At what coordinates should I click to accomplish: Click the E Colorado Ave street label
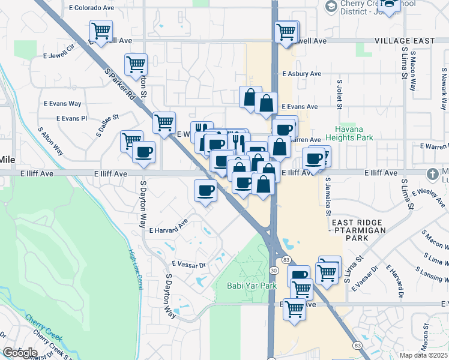click(92, 8)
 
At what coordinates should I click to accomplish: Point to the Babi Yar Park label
click(252, 286)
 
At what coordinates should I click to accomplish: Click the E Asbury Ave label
click(301, 74)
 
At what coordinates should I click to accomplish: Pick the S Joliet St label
click(340, 95)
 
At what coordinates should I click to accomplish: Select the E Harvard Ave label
click(169, 226)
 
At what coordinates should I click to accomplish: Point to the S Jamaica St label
click(328, 196)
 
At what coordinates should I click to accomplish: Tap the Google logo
click(20, 352)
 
